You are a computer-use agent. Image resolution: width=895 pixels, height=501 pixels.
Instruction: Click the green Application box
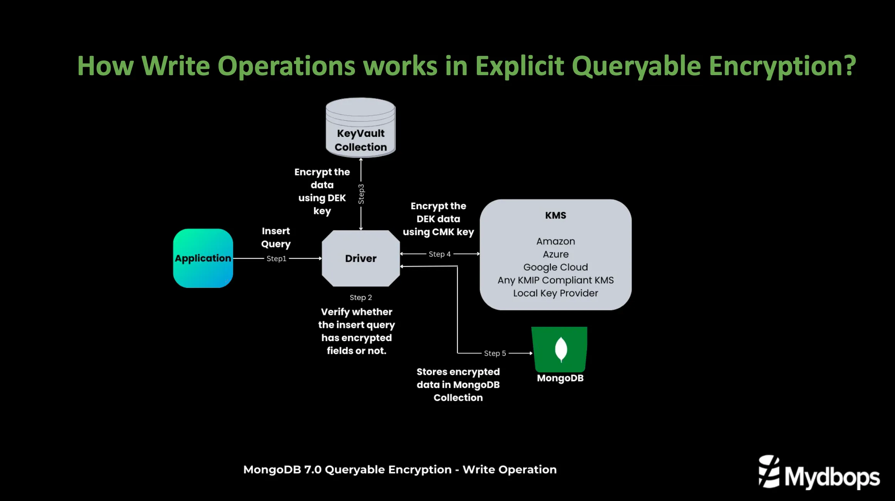pos(203,258)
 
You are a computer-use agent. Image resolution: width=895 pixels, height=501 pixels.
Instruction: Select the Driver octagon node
pos(361,258)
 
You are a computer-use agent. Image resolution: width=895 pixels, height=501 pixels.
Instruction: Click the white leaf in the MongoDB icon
pos(561,349)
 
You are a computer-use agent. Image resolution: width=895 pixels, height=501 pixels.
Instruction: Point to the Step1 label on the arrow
pos(276,259)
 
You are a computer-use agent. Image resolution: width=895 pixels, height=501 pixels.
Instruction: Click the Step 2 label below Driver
pos(361,298)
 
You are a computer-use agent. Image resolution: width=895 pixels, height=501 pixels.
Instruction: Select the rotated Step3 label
pos(361,194)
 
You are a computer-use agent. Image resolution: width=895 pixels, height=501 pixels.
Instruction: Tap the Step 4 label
pos(439,254)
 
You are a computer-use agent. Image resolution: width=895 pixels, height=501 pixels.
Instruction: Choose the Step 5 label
pos(495,353)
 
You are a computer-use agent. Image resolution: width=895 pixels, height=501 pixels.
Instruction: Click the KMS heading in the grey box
pos(555,215)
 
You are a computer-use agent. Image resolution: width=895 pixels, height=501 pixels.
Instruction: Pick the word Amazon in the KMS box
pos(555,241)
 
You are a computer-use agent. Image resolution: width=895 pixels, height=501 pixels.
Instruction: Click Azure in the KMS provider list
pos(555,254)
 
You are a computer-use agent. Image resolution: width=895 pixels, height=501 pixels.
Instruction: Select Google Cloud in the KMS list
pos(555,267)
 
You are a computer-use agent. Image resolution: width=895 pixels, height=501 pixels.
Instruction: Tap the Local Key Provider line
pos(555,293)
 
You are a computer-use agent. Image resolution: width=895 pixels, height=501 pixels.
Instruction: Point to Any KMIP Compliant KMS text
pos(555,280)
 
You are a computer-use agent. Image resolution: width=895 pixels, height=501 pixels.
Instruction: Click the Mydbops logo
pos(819,473)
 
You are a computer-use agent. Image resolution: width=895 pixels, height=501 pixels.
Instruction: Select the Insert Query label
pos(276,237)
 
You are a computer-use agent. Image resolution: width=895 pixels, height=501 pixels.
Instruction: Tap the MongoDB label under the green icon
pos(560,378)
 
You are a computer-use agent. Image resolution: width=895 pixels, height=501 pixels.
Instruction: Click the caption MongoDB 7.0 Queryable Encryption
pos(400,469)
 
